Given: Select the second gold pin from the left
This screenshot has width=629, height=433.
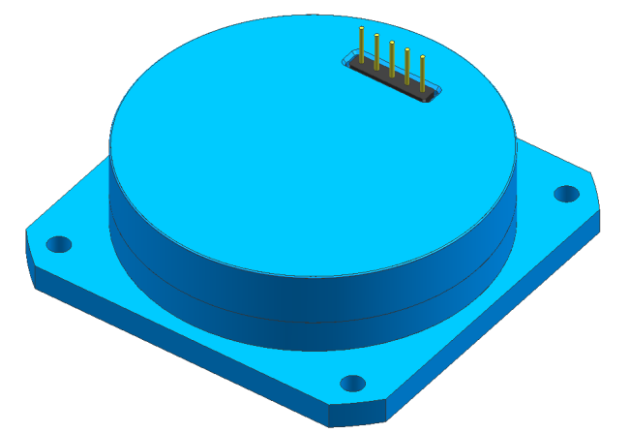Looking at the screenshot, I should click(376, 54).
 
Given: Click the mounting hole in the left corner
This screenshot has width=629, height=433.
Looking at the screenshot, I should click(59, 242).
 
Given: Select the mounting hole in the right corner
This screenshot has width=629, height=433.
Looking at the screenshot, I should click(565, 193).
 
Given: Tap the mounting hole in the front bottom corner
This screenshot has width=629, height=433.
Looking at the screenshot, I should click(353, 383).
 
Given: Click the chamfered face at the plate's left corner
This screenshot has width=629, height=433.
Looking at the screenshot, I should click(30, 260).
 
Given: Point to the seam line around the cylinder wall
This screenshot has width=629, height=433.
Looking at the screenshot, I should click(290, 296).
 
